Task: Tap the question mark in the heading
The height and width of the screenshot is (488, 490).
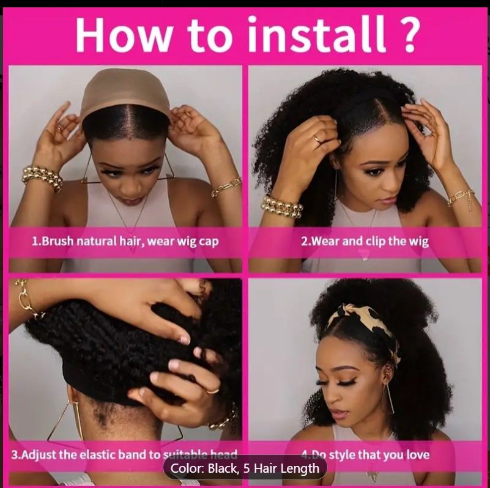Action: [x=404, y=35]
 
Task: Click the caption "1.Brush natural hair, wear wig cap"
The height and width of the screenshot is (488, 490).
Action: [x=125, y=241]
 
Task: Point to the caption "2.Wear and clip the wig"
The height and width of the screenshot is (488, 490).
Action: [x=365, y=241]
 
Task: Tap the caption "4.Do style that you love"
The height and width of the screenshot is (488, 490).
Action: [x=365, y=454]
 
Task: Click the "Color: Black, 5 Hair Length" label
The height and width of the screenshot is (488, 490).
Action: [x=245, y=468]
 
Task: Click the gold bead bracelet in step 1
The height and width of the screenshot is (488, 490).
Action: [x=42, y=177]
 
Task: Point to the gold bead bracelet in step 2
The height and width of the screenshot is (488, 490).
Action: [x=282, y=207]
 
